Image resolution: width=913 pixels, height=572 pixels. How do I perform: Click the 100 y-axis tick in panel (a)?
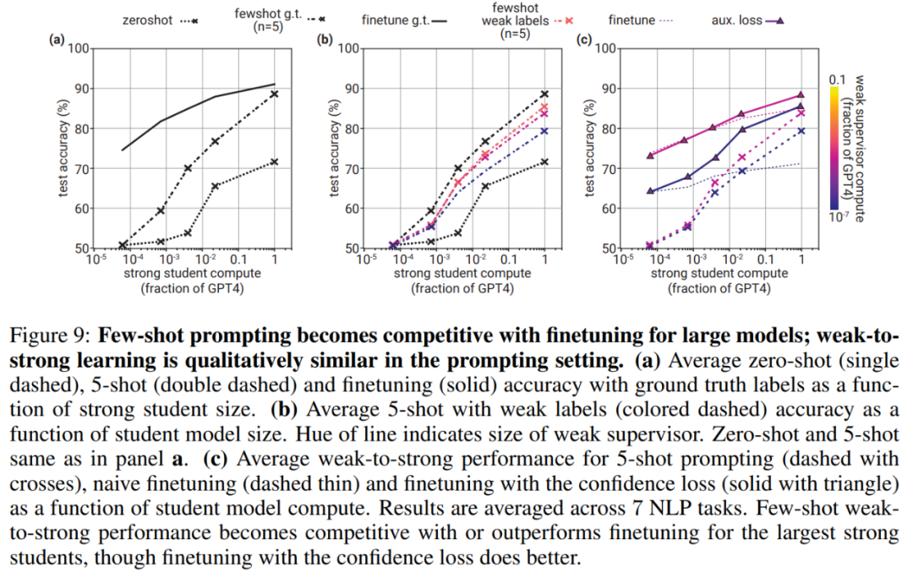point(79,48)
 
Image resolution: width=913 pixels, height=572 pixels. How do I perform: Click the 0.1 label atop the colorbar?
point(836,79)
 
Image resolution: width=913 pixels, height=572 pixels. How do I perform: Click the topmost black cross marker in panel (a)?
point(275,94)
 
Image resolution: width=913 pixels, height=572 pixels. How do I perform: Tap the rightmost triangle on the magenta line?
point(801,95)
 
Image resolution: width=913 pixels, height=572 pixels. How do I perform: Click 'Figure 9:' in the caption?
point(63,334)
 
